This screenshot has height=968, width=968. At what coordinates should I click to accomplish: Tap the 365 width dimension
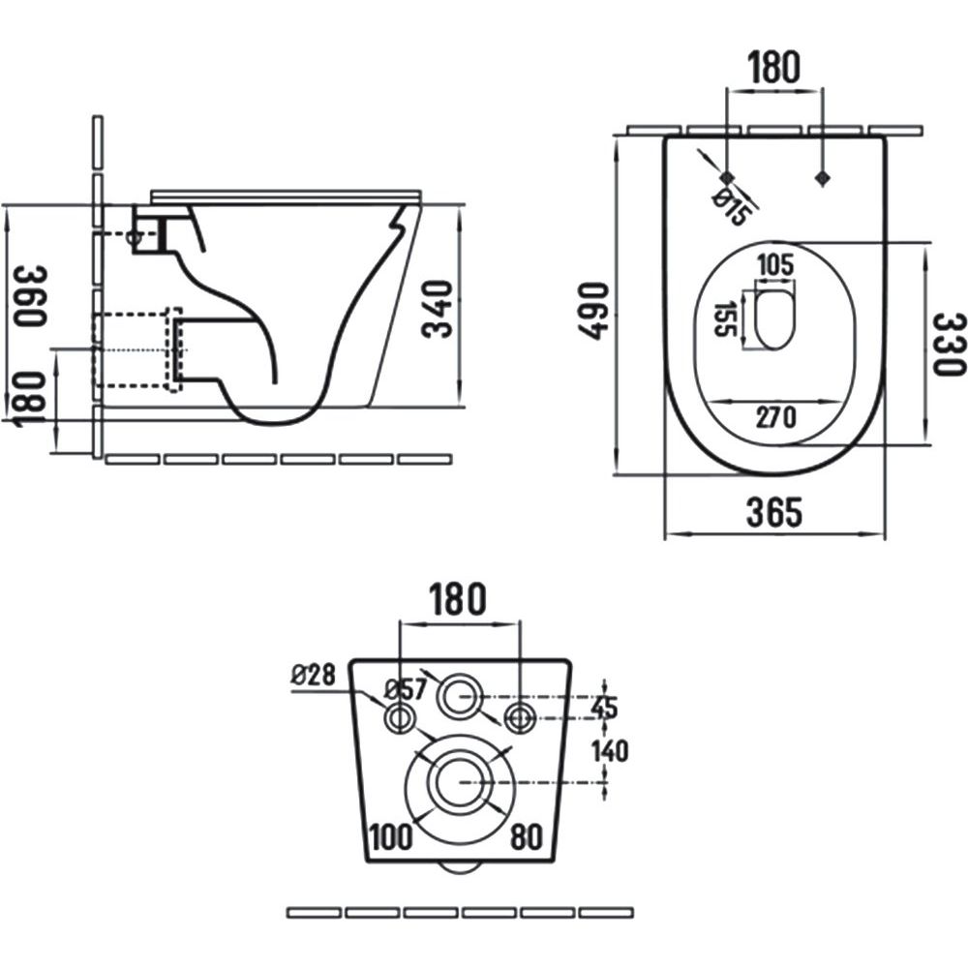click(773, 513)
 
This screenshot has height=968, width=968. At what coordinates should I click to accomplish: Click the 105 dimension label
click(774, 264)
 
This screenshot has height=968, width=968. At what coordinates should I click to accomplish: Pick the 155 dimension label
click(721, 318)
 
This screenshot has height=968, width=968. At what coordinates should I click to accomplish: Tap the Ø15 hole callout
click(732, 208)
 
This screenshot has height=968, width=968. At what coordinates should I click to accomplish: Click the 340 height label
click(439, 309)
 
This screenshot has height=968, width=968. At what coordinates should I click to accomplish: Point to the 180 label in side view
click(29, 397)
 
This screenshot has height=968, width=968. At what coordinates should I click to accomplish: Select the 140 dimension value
click(611, 749)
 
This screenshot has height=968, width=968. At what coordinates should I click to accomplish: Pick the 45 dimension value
click(604, 708)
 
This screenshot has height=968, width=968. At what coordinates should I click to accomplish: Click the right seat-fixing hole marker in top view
click(823, 178)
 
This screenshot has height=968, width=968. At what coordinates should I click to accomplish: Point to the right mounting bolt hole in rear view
click(520, 717)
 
